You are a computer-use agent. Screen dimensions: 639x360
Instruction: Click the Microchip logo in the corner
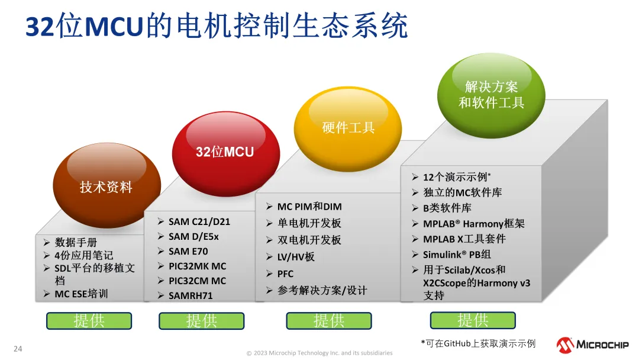pyautogui.click(x=592, y=345)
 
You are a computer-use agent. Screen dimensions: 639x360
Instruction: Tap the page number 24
pyautogui.click(x=18, y=349)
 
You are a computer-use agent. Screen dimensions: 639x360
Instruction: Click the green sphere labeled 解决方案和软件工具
pyautogui.click(x=491, y=95)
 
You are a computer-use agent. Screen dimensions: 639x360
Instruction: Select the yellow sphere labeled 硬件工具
pyautogui.click(x=348, y=129)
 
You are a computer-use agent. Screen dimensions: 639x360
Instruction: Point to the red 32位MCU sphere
pyautogui.click(x=226, y=154)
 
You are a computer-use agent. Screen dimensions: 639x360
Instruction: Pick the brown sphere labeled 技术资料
pyautogui.click(x=106, y=185)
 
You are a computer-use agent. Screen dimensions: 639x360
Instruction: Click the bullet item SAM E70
pyautogui.click(x=188, y=251)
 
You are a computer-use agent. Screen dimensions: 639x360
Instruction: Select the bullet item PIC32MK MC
pyautogui.click(x=197, y=266)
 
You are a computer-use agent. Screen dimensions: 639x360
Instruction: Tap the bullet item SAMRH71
pyautogui.click(x=191, y=295)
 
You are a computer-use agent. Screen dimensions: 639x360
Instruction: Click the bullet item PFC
pyautogui.click(x=285, y=274)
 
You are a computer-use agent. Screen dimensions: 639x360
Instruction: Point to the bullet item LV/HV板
pyautogui.click(x=296, y=257)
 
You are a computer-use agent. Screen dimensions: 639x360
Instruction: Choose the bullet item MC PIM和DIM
pyautogui.click(x=309, y=207)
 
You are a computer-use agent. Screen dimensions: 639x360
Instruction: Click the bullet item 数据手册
pyautogui.click(x=76, y=243)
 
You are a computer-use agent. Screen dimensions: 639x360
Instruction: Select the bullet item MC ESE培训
pyautogui.click(x=81, y=294)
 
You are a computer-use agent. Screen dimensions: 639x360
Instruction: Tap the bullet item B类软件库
pyautogui.click(x=447, y=208)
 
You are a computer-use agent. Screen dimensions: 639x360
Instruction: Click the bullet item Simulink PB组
pyautogui.click(x=457, y=255)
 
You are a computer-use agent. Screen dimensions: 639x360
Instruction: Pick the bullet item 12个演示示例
pyautogui.click(x=457, y=177)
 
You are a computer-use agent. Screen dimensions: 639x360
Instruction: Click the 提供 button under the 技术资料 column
pyautogui.click(x=89, y=321)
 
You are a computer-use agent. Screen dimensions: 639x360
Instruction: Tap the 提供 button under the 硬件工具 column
pyautogui.click(x=329, y=321)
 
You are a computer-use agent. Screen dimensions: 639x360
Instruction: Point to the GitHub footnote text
pyautogui.click(x=479, y=343)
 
